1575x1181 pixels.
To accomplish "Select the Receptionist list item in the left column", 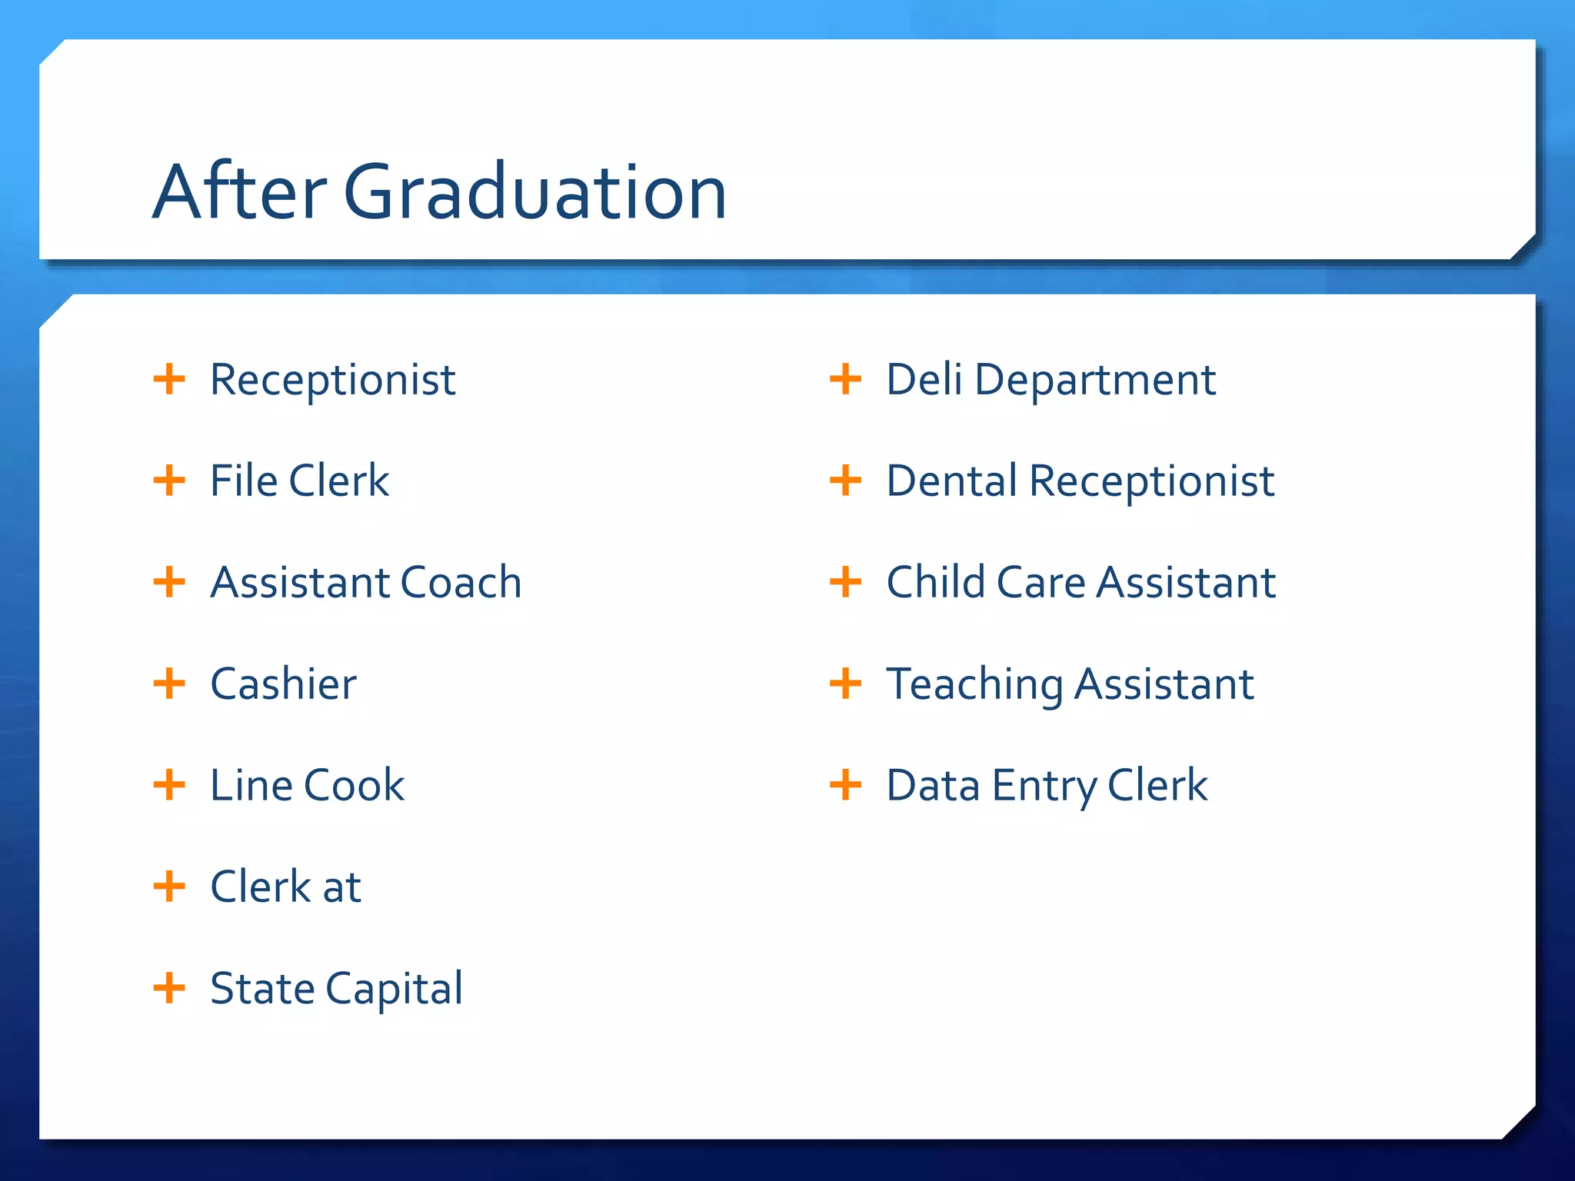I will click(x=332, y=380).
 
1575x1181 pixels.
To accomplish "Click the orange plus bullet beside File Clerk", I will click(x=169, y=481).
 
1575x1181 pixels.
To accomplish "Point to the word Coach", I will click(x=461, y=582).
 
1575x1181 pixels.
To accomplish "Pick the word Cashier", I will click(x=283, y=684).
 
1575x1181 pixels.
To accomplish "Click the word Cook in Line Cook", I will click(x=355, y=785).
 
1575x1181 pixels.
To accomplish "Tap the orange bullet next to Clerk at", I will click(x=169, y=887).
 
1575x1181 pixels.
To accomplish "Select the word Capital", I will click(x=395, y=989).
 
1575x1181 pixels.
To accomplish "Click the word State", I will click(x=262, y=988).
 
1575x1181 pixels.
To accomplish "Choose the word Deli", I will click(x=924, y=380).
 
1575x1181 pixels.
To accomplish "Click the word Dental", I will click(x=952, y=481).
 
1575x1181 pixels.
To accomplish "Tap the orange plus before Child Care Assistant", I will click(x=845, y=582).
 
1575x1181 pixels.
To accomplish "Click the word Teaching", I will click(x=974, y=685).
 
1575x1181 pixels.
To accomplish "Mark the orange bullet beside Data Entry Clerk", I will click(x=845, y=785).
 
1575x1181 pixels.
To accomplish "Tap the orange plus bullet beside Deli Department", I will click(x=845, y=380).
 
